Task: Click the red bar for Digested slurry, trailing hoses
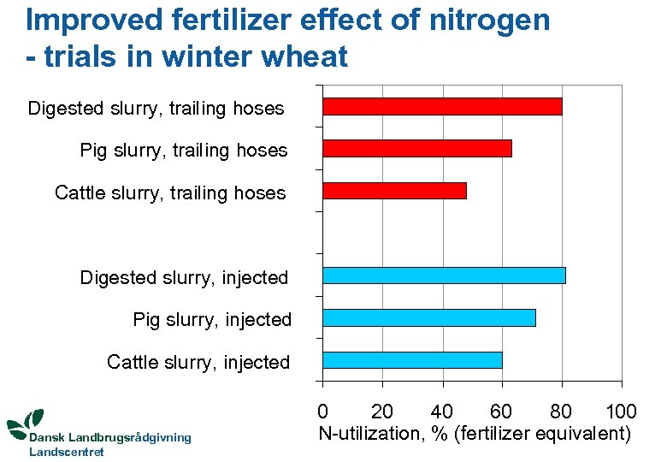pos(442,107)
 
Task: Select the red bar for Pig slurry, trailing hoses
pos(416,149)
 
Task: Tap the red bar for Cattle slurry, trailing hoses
pos(394,191)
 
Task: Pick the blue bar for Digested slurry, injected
pos(444,275)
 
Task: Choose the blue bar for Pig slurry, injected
pos(428,318)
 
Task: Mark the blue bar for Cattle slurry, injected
pos(412,360)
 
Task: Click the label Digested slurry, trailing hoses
pos(156,109)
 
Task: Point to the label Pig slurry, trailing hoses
pos(183,151)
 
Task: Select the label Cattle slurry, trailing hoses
pos(170,193)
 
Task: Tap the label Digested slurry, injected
pos(184,278)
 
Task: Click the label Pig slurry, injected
pos(212,320)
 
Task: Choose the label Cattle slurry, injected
pos(198,363)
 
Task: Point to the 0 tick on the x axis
pos(322,412)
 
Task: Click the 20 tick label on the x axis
pos(381,412)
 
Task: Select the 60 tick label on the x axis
pos(501,412)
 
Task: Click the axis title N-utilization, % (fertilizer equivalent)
pos(475,434)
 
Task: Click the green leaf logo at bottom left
pos(26,422)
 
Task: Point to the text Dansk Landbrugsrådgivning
pos(110,438)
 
